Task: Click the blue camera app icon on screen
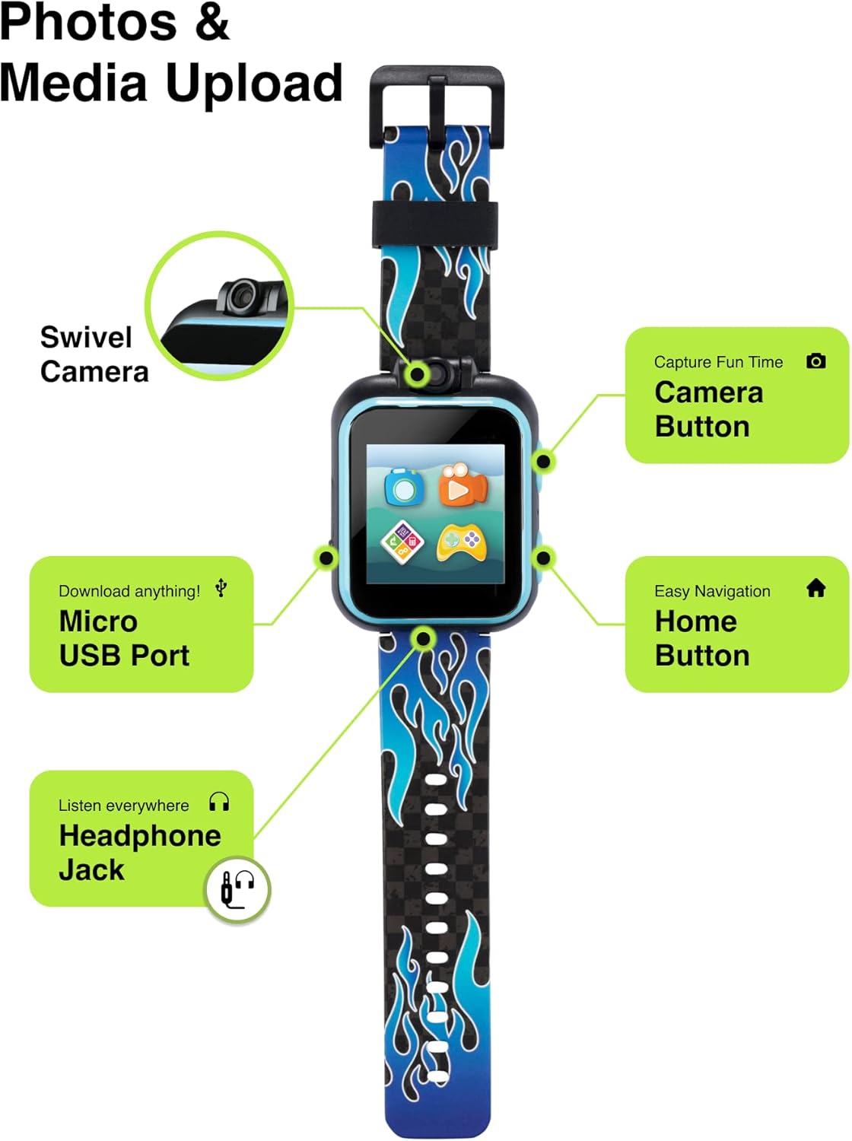403,488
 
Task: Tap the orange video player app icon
463,485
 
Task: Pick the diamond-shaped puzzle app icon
402,542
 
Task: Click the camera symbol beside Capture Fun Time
815,361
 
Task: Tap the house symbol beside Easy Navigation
815,588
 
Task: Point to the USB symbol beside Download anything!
221,588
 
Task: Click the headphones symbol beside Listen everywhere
219,803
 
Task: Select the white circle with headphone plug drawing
237,889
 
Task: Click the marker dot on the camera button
543,461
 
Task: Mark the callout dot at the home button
543,558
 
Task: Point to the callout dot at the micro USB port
326,558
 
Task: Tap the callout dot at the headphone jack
423,638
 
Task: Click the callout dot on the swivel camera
417,373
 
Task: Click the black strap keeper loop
434,224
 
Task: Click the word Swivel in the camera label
86,337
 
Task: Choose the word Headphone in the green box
140,836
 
